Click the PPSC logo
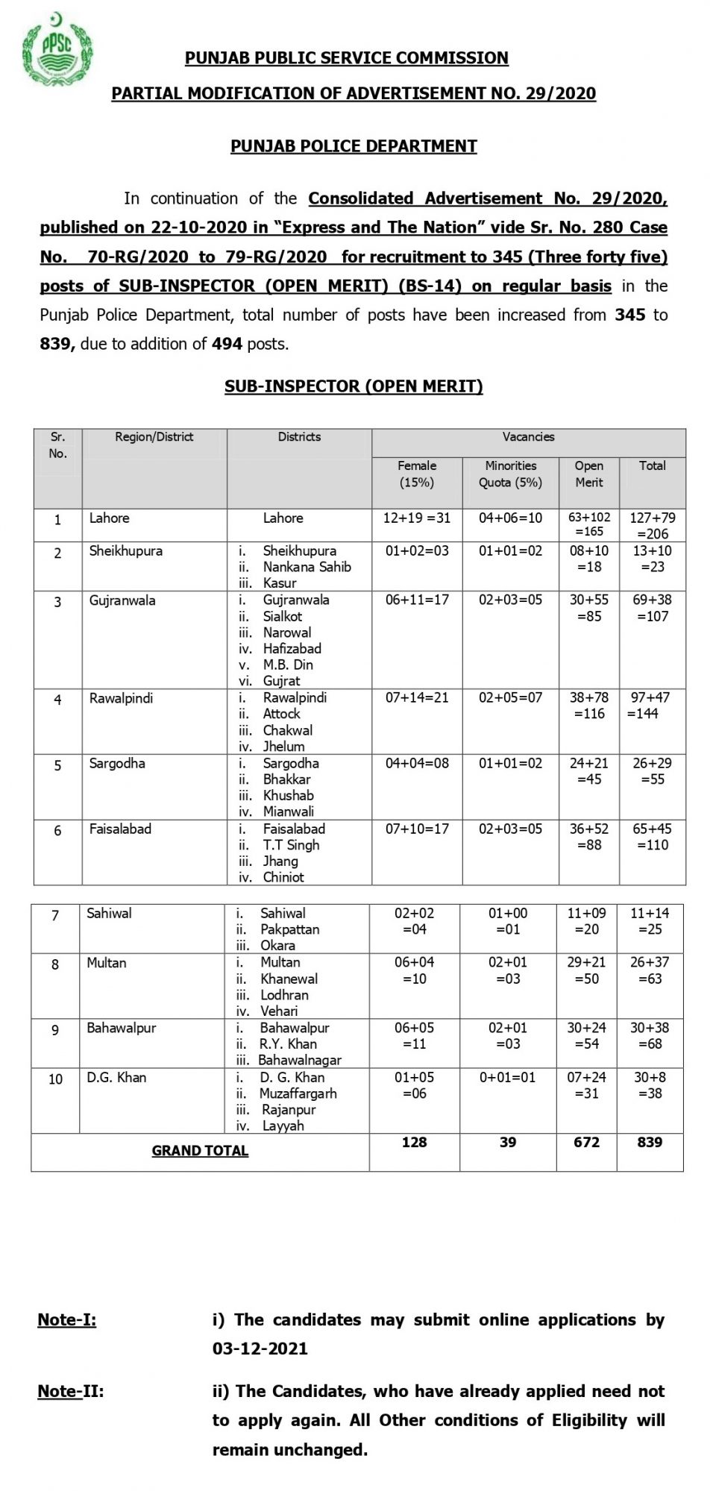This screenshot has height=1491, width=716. pyautogui.click(x=58, y=48)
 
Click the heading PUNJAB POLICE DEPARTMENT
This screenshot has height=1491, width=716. pyautogui.click(x=354, y=146)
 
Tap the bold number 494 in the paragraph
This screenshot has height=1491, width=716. pyautogui.click(x=227, y=344)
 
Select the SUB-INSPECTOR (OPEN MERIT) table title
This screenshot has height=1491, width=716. pyautogui.click(x=354, y=386)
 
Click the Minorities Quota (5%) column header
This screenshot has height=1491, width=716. pyautogui.click(x=510, y=474)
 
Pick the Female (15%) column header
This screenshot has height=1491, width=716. pyautogui.click(x=416, y=474)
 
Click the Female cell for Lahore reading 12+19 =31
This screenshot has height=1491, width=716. pyautogui.click(x=416, y=518)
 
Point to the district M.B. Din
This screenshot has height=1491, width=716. pyautogui.click(x=288, y=665)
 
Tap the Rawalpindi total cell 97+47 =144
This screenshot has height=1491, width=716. pyautogui.click(x=651, y=706)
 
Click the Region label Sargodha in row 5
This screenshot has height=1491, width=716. pyautogui.click(x=117, y=764)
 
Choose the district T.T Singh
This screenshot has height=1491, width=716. pyautogui.click(x=291, y=845)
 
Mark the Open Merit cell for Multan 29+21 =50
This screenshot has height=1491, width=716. pyautogui.click(x=586, y=970)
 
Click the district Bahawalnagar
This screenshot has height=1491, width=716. pyautogui.click(x=300, y=1060)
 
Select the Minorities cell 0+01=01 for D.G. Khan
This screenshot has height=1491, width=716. pyautogui.click(x=507, y=1078)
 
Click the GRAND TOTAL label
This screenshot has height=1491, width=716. pyautogui.click(x=200, y=1151)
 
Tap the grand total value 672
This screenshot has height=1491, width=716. pyautogui.click(x=586, y=1143)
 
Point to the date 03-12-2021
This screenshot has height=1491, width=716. pyautogui.click(x=260, y=1349)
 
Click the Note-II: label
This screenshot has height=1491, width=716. pyautogui.click(x=71, y=1391)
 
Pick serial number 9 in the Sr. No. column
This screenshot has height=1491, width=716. pyautogui.click(x=55, y=1030)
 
